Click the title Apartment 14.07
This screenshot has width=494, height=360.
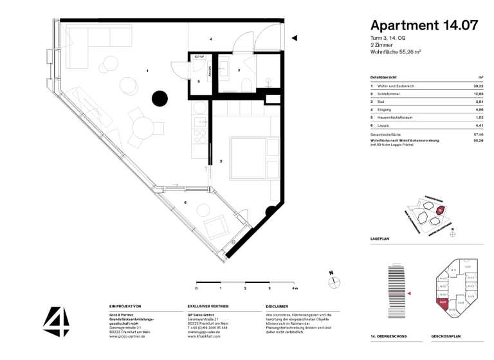(424, 25)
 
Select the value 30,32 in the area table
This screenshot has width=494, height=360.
(477, 85)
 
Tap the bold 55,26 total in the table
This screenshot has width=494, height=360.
(478, 140)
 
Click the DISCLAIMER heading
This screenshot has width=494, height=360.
(277, 307)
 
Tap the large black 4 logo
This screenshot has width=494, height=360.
(56, 321)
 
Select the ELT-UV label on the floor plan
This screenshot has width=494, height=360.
(199, 57)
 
